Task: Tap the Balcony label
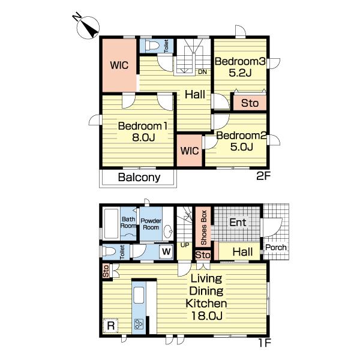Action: [x=139, y=177]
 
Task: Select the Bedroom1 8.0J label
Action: [x=143, y=132]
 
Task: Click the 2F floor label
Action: [x=263, y=176]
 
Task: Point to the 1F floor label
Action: [x=265, y=343]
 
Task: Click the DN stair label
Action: [x=202, y=72]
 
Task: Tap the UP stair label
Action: [x=185, y=245]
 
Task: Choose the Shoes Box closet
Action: [x=203, y=227]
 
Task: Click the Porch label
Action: [x=276, y=247]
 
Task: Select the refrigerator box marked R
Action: [x=110, y=325]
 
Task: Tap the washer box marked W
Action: [x=166, y=251]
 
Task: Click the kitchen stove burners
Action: [x=139, y=324]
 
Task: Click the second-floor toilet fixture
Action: [x=152, y=46]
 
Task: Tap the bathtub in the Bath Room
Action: [x=112, y=223]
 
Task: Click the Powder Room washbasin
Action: [x=169, y=232]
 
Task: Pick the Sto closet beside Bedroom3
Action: [x=250, y=103]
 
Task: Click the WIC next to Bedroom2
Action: [x=190, y=151]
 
